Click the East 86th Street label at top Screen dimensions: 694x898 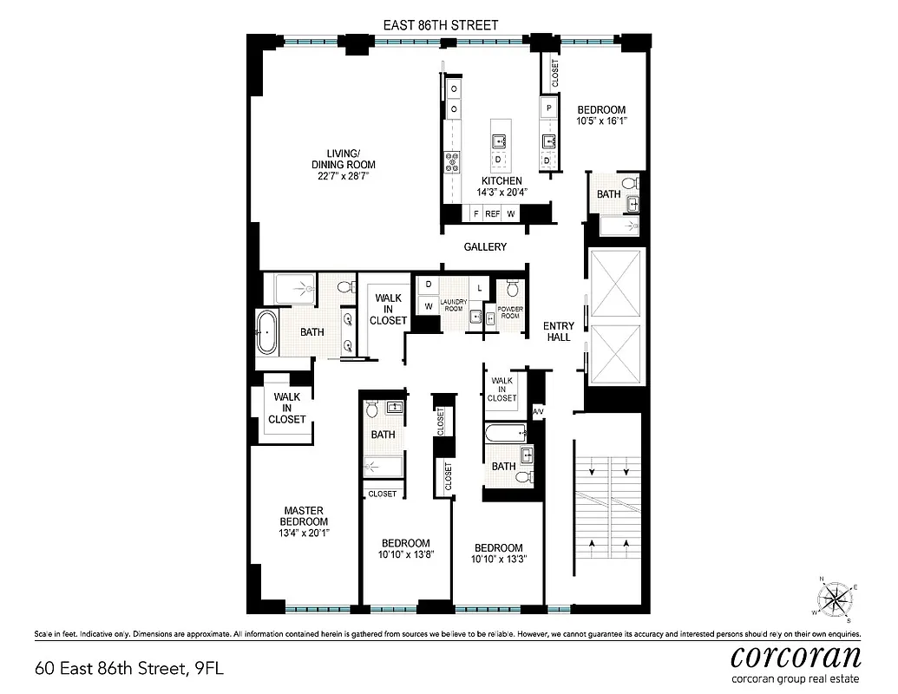(x=441, y=25)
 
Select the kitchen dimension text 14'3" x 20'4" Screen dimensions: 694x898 (x=496, y=193)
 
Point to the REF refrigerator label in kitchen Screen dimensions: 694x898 (x=493, y=213)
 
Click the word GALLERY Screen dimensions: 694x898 (x=485, y=247)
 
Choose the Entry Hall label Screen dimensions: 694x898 (x=559, y=331)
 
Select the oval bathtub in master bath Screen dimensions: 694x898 (x=266, y=332)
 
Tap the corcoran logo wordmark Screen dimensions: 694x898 (x=796, y=655)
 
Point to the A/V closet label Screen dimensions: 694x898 (x=537, y=410)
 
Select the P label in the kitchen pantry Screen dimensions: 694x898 (x=548, y=108)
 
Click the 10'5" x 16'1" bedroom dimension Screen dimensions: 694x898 (x=601, y=121)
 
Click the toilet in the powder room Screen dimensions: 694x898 (x=511, y=289)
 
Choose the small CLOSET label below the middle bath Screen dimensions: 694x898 (x=383, y=494)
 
